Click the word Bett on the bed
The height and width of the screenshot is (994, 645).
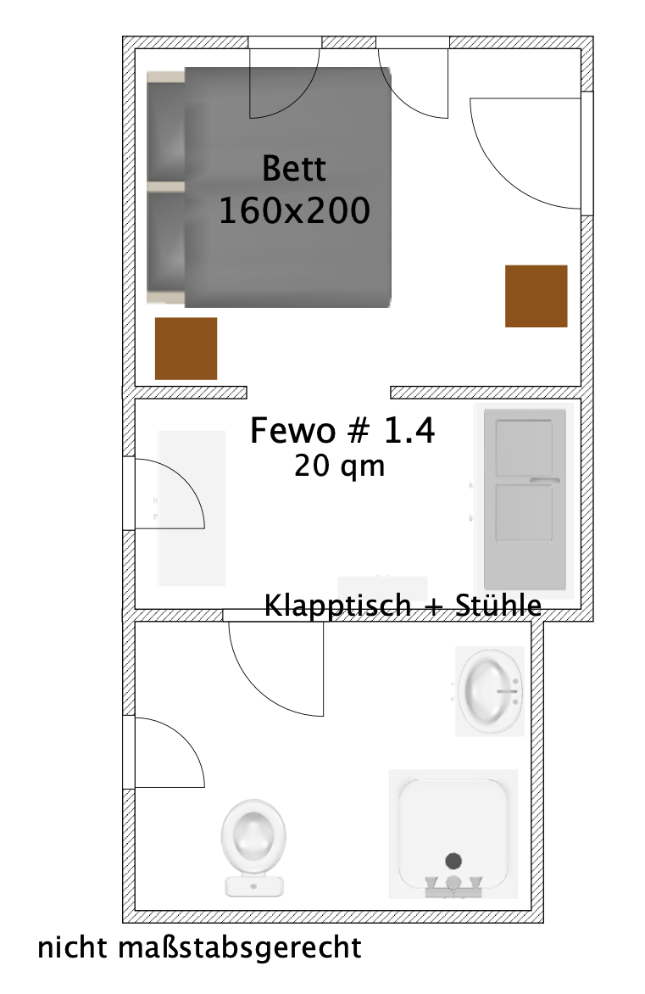click(x=294, y=168)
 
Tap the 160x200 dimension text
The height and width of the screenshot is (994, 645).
click(x=294, y=211)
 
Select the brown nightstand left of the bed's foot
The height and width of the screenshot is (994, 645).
click(x=186, y=349)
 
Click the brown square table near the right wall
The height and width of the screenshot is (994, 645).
click(x=536, y=296)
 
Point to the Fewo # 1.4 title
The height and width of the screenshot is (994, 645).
click(x=342, y=431)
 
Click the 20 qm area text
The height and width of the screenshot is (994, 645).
click(x=339, y=466)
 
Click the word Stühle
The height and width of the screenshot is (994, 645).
click(x=499, y=606)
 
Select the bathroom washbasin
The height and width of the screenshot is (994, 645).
click(x=489, y=690)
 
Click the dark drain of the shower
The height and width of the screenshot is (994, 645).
click(x=453, y=861)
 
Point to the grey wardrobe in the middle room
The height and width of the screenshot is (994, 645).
click(x=525, y=500)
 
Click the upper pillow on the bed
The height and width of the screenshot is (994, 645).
click(x=166, y=127)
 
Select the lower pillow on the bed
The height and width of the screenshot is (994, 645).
click(x=166, y=243)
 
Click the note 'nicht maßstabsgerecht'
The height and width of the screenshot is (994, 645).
click(x=199, y=947)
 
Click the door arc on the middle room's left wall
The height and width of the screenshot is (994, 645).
click(x=170, y=494)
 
